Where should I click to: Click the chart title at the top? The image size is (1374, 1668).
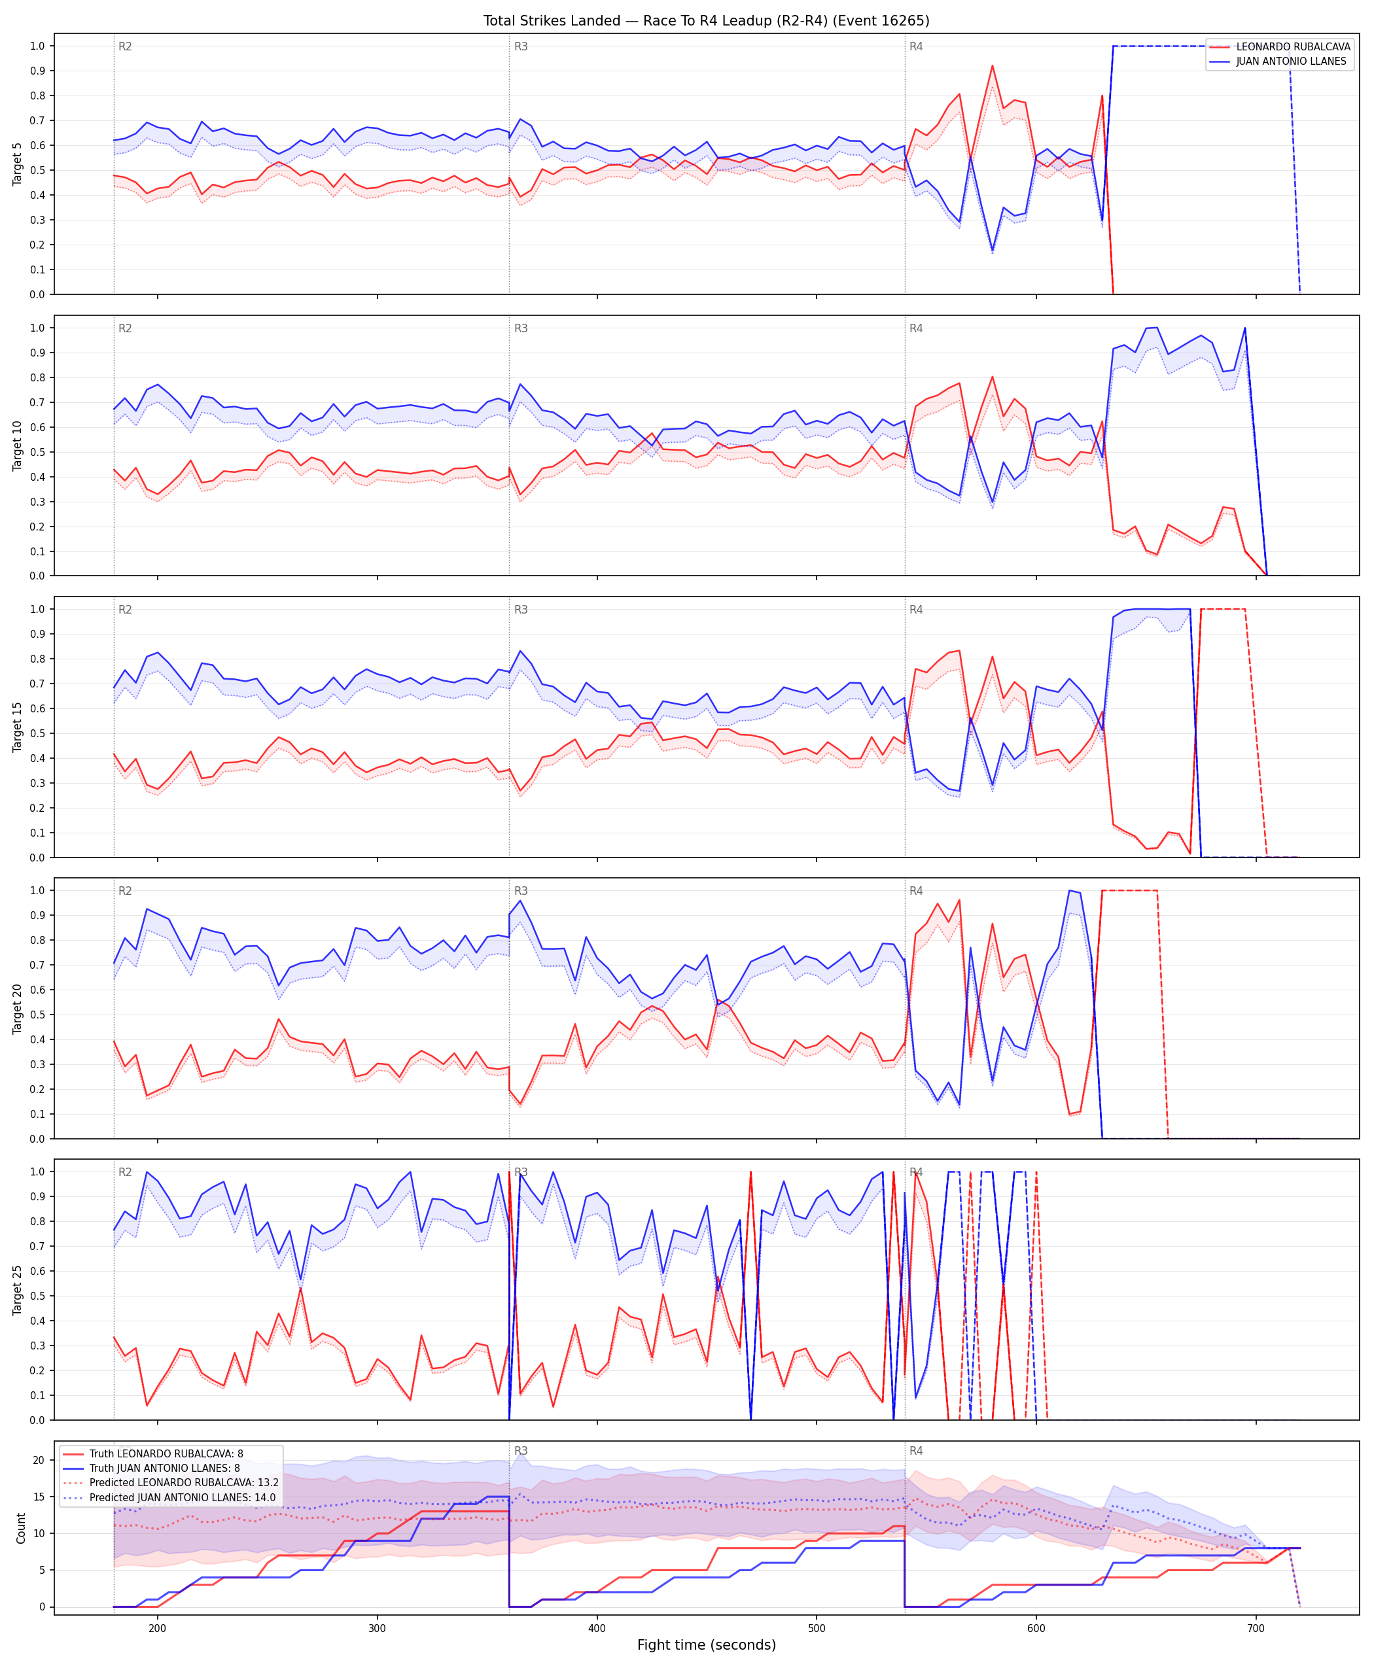[706, 20]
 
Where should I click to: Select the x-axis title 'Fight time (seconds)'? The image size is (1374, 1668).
[706, 1644]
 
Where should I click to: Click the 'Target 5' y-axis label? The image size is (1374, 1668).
[18, 164]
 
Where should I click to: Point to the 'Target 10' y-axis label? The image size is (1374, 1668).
[18, 445]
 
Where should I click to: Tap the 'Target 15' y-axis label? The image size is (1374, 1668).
[18, 726]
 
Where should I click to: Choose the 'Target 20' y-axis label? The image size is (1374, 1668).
[18, 1008]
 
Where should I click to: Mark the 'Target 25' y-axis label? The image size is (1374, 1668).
[18, 1289]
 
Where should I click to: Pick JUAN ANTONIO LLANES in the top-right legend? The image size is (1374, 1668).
[1291, 61]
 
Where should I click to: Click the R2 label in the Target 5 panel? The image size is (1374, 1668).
[125, 46]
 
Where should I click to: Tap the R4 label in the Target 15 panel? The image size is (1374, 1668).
[916, 609]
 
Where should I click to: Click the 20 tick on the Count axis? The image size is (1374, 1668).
[39, 1460]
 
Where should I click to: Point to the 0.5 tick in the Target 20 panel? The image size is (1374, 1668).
[37, 1015]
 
